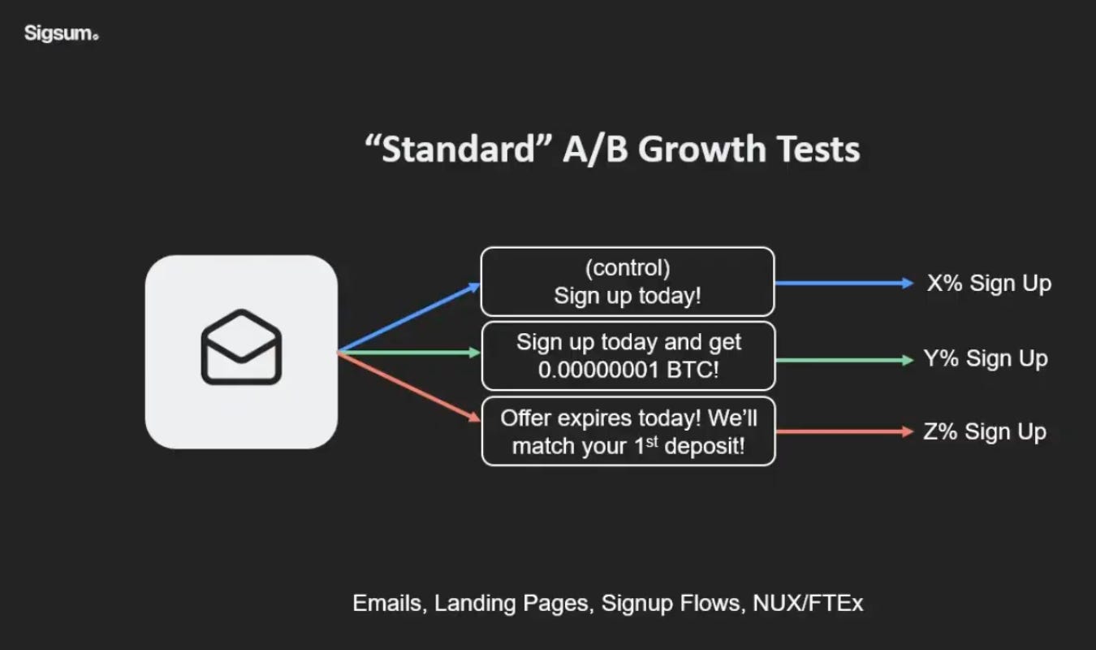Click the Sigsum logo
(61, 33)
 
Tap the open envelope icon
(241, 347)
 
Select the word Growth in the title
(698, 149)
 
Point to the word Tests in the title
(818, 149)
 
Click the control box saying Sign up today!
(627, 282)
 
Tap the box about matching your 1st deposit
(628, 431)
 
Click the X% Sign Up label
(989, 284)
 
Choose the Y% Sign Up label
(986, 358)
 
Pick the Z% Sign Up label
(985, 432)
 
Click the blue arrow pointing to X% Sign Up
(844, 284)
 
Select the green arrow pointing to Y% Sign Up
(844, 359)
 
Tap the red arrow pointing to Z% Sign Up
(844, 432)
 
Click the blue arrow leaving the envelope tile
(410, 318)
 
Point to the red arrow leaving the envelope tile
(410, 387)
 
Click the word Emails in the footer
(387, 604)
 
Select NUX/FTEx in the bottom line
(808, 604)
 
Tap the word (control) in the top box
(627, 268)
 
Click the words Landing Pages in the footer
(511, 604)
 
